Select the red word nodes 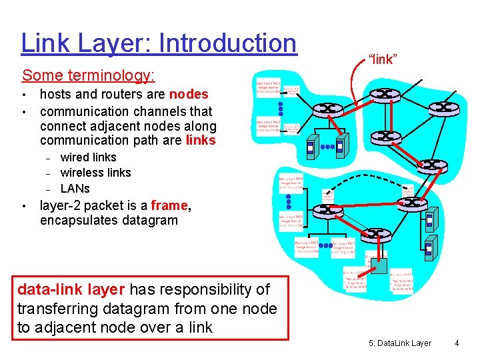(189, 95)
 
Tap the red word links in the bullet (201, 140)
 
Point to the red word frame (169, 205)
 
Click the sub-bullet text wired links (88, 157)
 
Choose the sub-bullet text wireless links (95, 173)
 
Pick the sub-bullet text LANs (75, 188)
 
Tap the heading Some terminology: (88, 75)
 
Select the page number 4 (457, 343)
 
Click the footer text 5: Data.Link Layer (400, 343)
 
